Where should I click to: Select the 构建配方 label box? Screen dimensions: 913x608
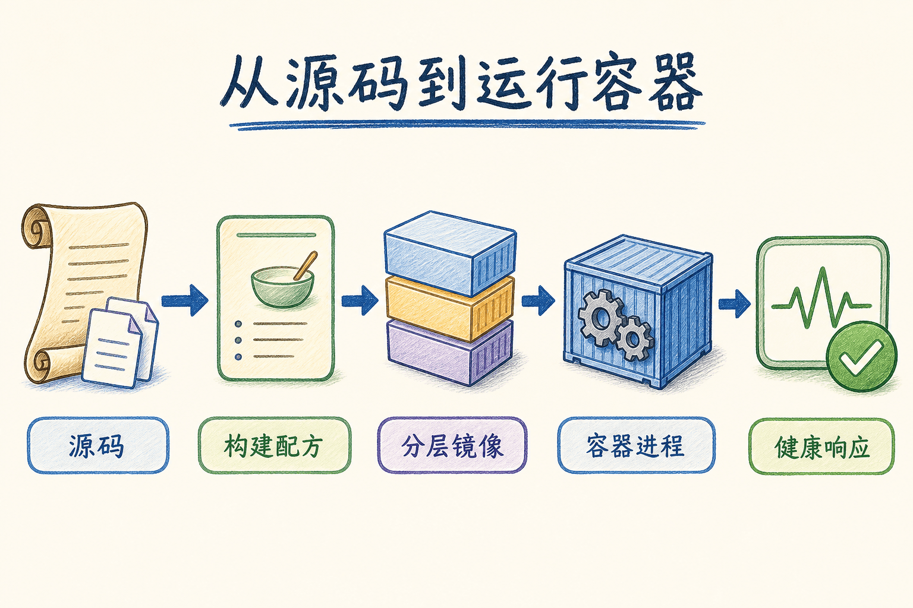coord(274,445)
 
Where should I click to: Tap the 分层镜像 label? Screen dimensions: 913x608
coord(452,445)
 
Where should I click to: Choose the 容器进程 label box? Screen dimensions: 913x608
coord(636,445)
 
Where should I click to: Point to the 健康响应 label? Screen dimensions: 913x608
coord(821,446)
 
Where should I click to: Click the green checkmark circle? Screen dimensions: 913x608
coord(861,356)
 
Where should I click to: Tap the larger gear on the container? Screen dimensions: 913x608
coord(600,318)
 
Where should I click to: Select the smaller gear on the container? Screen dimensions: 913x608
coord(633,339)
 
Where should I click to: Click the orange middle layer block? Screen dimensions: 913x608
coord(449,308)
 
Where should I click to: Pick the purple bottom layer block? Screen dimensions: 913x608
coord(449,352)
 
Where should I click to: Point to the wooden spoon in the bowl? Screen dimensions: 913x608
coord(306,265)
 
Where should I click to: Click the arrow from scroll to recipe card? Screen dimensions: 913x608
coord(185,300)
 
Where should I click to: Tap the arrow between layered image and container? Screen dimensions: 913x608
coord(538,300)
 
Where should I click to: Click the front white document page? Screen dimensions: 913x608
coord(111,348)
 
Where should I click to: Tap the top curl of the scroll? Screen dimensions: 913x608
coord(37,226)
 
